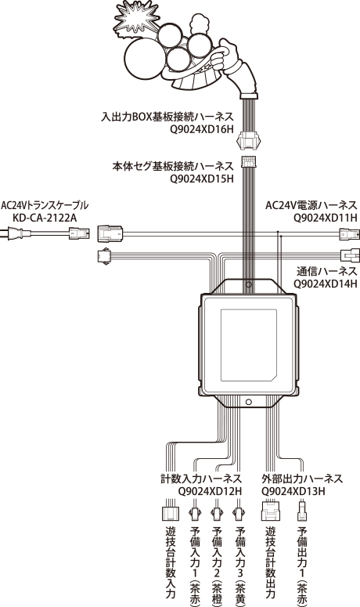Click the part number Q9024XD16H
201,129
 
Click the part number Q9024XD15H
201,179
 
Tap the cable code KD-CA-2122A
45,218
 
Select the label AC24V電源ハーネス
311,205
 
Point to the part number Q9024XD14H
326,284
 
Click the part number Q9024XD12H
210,492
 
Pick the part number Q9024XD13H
293,492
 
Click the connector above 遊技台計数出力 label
271,511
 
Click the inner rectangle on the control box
249,345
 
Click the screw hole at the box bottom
249,403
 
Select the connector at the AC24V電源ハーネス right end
349,234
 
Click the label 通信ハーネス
327,271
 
